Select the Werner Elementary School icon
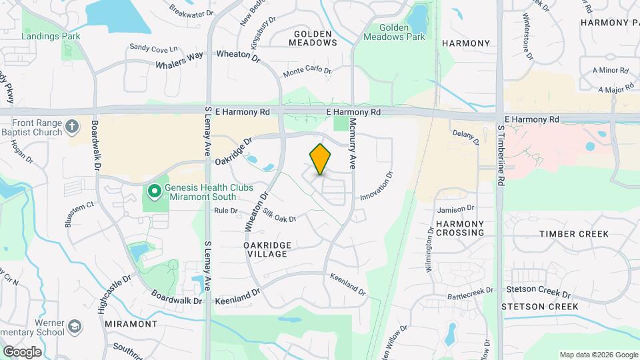click(x=75, y=326)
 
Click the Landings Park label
click(x=51, y=35)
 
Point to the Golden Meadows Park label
click(x=394, y=32)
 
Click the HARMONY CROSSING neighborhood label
click(x=461, y=228)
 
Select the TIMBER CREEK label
click(x=574, y=234)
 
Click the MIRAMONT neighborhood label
click(x=131, y=323)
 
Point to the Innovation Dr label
click(x=377, y=187)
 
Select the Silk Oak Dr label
click(x=279, y=215)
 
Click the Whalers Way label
click(x=179, y=61)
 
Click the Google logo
click(x=22, y=351)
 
